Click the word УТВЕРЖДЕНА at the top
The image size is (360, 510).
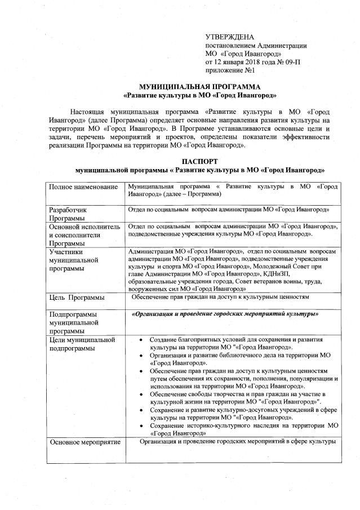click(x=230, y=37)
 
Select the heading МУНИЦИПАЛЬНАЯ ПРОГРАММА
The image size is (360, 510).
click(x=200, y=87)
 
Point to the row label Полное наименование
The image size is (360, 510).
click(x=83, y=187)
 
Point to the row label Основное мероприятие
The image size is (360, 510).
click(x=85, y=442)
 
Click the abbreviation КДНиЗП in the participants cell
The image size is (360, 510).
click(x=285, y=273)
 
